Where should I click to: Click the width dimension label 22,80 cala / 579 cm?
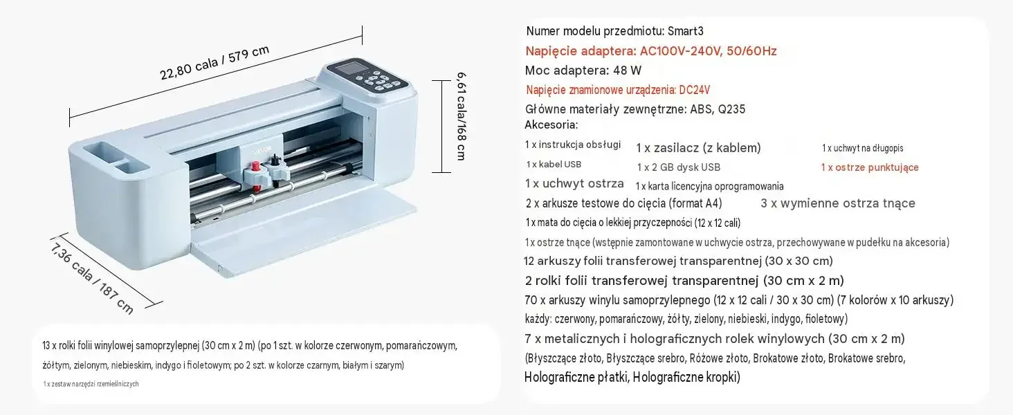coord(215,62)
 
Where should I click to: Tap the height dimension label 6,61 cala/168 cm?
coord(462,116)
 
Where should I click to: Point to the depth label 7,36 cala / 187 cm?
coord(92,279)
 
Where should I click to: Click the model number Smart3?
coord(686,31)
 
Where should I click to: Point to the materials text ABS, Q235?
coord(718,109)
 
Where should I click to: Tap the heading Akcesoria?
coord(551,124)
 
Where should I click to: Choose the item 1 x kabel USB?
coord(554,165)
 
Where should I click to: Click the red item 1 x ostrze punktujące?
coord(870,167)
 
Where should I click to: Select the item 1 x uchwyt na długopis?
coord(862,148)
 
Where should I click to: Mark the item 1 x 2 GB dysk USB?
coord(678,167)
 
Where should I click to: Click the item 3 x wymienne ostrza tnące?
coord(837,203)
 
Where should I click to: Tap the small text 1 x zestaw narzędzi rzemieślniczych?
coord(91,384)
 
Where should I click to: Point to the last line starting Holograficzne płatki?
coord(632,378)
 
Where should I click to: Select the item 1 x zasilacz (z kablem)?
coord(698,148)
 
